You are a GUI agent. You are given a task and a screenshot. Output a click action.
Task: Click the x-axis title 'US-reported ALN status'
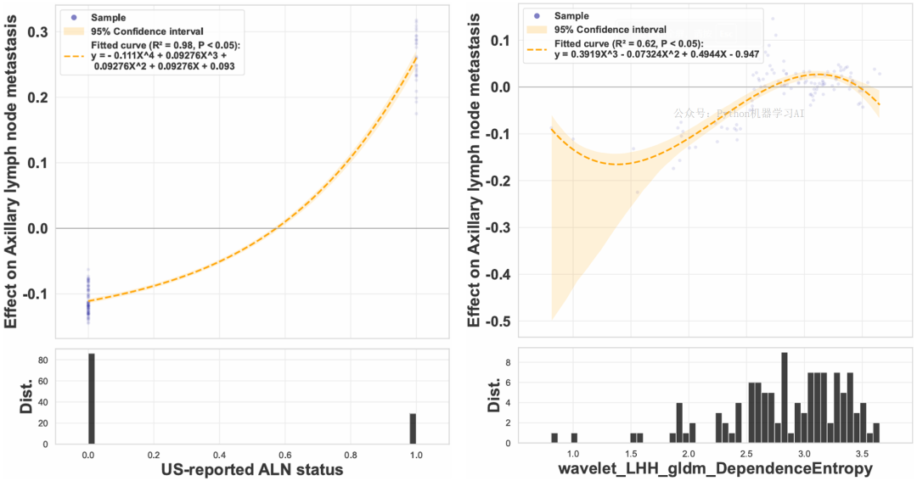point(252,470)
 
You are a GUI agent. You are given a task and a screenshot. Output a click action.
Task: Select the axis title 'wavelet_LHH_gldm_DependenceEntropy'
point(714,470)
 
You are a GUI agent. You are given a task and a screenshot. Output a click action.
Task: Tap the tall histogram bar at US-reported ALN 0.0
point(91,399)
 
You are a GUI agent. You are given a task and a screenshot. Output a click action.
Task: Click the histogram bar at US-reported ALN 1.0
point(413,428)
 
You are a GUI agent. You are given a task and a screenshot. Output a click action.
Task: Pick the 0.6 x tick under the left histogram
point(285,455)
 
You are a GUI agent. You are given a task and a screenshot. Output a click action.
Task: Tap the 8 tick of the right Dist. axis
point(508,362)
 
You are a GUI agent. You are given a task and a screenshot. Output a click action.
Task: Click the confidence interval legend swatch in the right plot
point(537,29)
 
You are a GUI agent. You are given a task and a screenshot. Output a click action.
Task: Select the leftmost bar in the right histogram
point(554,438)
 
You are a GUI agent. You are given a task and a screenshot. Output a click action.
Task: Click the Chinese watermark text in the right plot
point(739,113)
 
